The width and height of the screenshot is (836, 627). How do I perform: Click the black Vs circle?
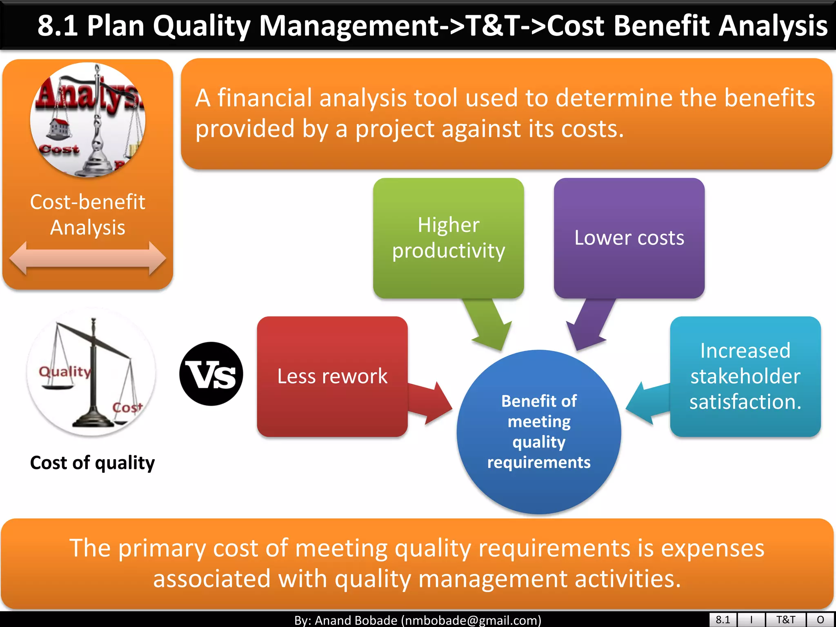[x=211, y=374]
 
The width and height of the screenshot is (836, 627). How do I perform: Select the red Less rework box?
[x=332, y=376]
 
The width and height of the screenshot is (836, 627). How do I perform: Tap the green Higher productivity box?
[x=448, y=238]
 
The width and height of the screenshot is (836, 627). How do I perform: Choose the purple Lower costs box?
[x=629, y=238]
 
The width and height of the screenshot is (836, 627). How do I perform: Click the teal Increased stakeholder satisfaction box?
[x=745, y=376]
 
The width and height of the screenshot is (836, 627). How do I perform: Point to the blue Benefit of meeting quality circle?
[x=539, y=431]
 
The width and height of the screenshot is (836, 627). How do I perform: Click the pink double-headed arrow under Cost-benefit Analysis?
[x=87, y=258]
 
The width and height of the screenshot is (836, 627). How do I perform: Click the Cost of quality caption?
[x=93, y=463]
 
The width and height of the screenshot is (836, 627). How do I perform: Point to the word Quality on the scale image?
[x=64, y=371]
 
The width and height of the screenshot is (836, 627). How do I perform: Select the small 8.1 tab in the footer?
[x=723, y=620]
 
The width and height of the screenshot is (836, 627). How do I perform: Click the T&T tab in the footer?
[x=785, y=620]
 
